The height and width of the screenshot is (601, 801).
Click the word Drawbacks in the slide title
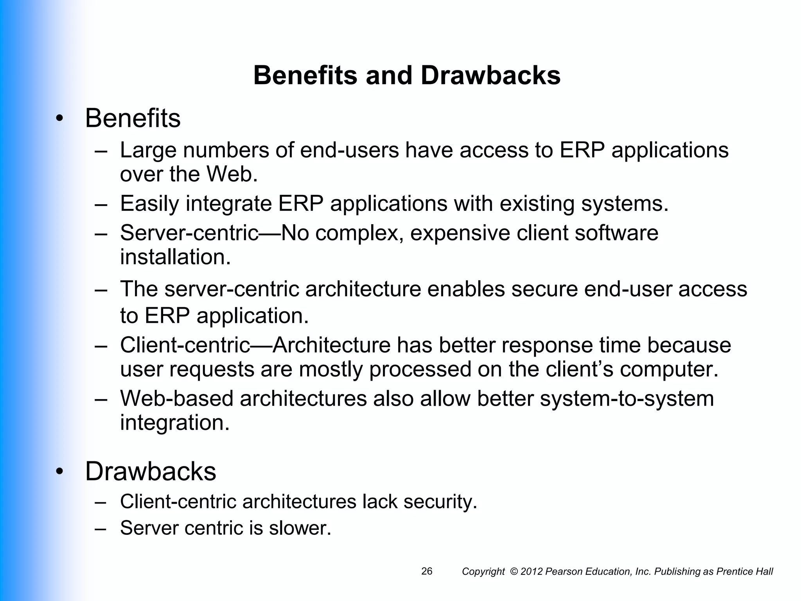pyautogui.click(x=490, y=75)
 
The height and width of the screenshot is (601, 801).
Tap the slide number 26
pyautogui.click(x=427, y=571)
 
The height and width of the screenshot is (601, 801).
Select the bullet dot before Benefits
pyautogui.click(x=59, y=119)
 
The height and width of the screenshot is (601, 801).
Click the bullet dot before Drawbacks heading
pyautogui.click(x=59, y=472)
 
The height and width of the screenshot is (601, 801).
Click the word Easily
pyautogui.click(x=149, y=204)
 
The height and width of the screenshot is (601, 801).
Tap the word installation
pyautogui.click(x=175, y=257)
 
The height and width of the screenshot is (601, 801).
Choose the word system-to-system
pyautogui.click(x=627, y=399)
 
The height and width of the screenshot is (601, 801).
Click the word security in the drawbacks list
pyautogui.click(x=440, y=502)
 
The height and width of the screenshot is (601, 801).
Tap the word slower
pyautogui.click(x=300, y=528)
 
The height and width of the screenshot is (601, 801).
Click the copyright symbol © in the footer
pyautogui.click(x=514, y=572)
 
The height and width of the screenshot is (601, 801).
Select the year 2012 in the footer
pyautogui.click(x=532, y=572)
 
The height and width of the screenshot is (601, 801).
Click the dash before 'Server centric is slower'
pyautogui.click(x=101, y=528)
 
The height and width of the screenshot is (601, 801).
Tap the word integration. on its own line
pyautogui.click(x=174, y=423)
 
